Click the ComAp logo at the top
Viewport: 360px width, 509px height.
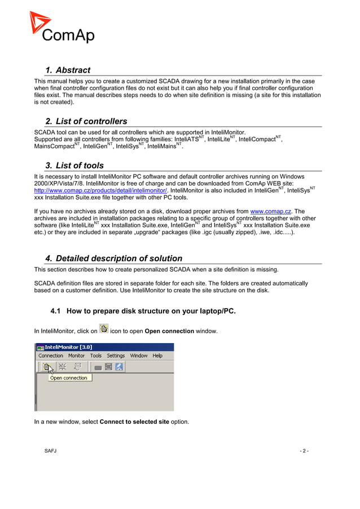62,28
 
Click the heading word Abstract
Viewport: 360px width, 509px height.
73,71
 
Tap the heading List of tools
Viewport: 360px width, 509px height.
80,165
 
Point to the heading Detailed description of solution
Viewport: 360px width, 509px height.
119,258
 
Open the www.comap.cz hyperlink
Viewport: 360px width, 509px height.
270,212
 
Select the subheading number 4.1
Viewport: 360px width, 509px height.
56,311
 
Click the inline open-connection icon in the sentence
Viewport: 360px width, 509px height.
104,330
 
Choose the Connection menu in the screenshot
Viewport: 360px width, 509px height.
51,356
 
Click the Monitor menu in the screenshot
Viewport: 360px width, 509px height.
76,356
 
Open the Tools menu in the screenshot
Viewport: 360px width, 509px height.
96,356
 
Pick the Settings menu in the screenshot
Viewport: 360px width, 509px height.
116,356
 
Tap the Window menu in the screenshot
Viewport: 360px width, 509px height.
139,356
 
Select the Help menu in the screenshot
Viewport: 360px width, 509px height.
157,356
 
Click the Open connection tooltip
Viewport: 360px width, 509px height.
68,378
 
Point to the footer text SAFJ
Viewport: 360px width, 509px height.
51,451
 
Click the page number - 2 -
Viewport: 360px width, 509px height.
304,451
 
